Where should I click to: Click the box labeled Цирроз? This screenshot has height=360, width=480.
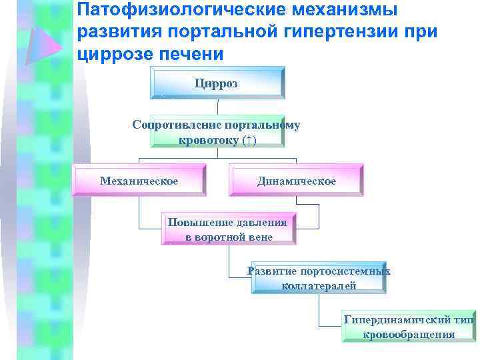217,83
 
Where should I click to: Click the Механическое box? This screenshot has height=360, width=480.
139,181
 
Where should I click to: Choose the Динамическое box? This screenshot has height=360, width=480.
297,181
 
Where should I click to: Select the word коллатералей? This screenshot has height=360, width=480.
319,285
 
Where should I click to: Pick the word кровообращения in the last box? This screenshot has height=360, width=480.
409,334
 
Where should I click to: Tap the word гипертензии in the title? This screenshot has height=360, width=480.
331,32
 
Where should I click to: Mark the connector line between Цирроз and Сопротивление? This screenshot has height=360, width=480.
217,108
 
